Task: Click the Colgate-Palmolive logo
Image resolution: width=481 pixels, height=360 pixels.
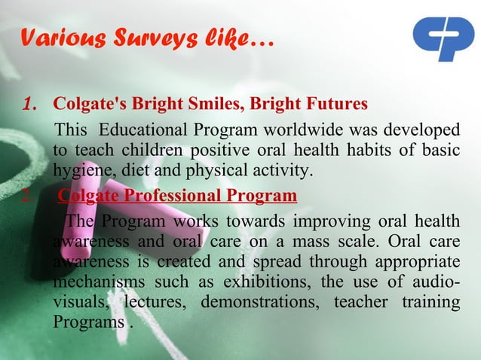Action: pyautogui.click(x=443, y=39)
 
